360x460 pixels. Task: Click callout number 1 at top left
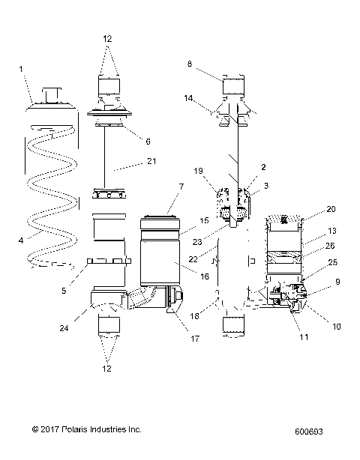click(21, 69)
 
